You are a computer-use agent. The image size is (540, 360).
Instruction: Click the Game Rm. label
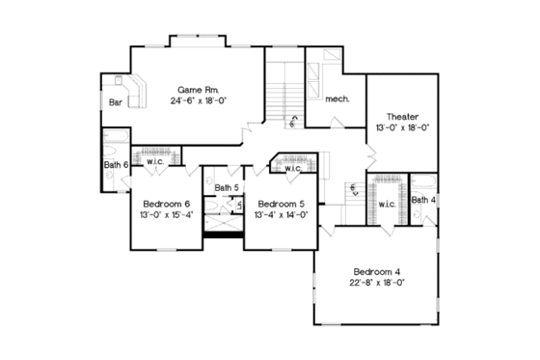196,89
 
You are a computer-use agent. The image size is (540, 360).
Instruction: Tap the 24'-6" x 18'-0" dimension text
198,100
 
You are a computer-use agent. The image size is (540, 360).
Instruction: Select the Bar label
116,100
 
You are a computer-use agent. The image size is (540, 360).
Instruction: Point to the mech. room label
337,99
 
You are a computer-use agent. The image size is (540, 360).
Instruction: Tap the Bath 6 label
116,165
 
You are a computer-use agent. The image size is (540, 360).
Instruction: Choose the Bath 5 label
226,187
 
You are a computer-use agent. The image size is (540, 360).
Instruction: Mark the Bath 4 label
423,200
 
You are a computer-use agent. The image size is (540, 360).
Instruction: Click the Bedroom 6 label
166,205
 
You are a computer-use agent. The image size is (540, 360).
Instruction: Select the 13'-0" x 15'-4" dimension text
167,216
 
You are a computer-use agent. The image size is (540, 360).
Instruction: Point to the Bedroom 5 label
281,205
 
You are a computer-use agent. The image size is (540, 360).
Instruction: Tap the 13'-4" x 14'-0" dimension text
281,216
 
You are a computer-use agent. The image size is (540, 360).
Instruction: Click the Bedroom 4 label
376,270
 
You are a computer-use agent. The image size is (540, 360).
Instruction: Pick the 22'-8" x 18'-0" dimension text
377,283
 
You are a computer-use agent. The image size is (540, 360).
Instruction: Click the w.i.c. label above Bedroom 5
292,170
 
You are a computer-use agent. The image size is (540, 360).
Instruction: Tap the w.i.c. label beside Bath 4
387,205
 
